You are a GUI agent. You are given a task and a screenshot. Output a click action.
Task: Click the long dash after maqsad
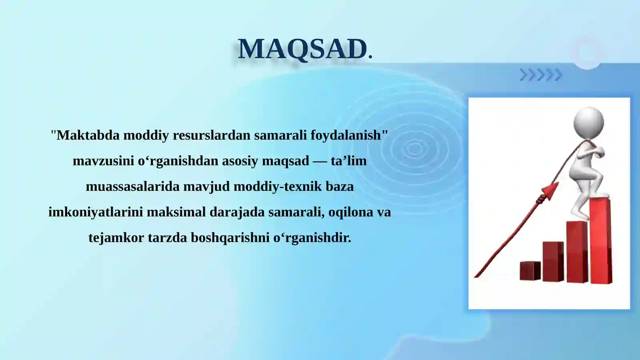coord(320,161)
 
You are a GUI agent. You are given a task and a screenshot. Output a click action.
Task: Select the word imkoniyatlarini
coord(96,212)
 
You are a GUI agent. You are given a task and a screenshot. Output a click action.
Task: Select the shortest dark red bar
coord(530,271)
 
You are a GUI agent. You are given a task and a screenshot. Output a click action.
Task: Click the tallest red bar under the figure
coord(601,240)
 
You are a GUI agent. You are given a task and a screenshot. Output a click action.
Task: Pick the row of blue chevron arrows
coord(541,75)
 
